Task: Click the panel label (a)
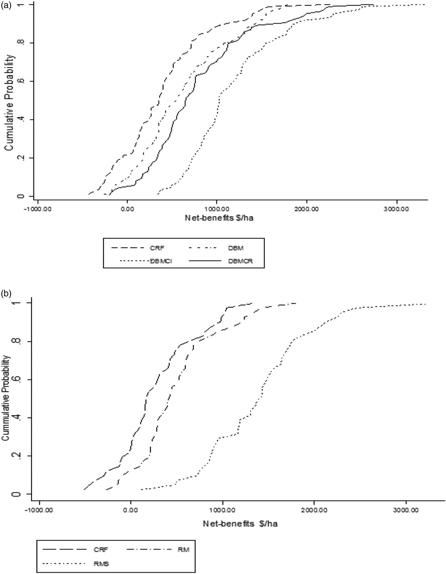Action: pos(6,5)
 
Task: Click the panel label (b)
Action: pos(6,293)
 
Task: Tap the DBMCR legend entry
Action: pos(241,261)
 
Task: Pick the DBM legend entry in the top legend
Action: pos(236,248)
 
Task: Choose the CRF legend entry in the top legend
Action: pos(157,248)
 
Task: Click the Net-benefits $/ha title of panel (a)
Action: pos(219,218)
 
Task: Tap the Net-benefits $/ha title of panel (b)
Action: pos(240,524)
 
